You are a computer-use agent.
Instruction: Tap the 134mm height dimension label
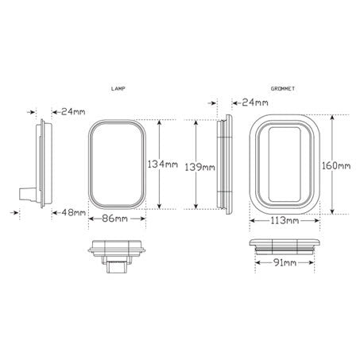(162, 164)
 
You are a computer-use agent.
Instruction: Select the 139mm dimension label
(199, 168)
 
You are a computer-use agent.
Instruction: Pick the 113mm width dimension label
(284, 219)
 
